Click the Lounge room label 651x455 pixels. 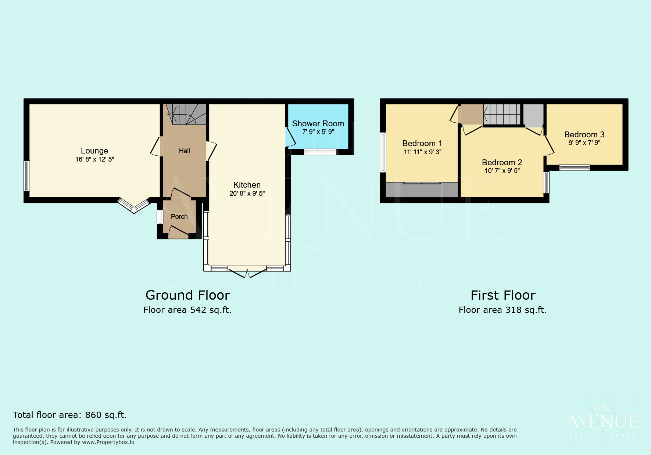click(94, 151)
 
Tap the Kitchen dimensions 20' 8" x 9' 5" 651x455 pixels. click(247, 194)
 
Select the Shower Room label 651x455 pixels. click(318, 124)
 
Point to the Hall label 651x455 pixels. click(185, 151)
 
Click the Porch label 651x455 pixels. click(179, 217)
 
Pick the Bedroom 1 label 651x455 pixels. click(422, 144)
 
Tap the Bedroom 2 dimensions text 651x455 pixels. click(502, 171)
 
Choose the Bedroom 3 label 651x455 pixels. click(584, 135)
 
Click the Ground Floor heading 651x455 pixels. click(187, 295)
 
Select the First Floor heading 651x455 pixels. click(503, 295)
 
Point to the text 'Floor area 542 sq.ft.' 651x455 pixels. click(187, 310)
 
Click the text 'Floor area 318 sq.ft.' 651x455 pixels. click(503, 310)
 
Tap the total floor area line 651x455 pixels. click(70, 415)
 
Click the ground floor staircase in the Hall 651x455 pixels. click(186, 114)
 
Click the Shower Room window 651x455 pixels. click(320, 152)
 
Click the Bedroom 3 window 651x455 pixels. click(575, 168)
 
